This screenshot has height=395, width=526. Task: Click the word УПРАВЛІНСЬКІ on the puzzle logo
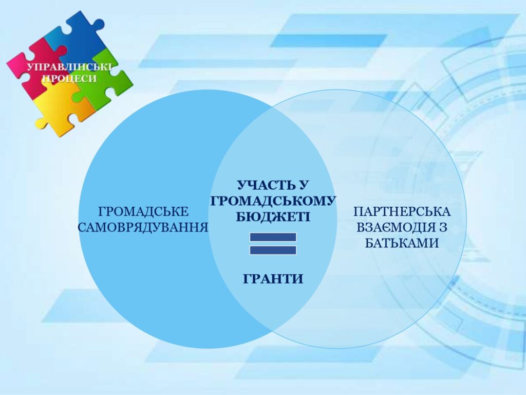pos(69,66)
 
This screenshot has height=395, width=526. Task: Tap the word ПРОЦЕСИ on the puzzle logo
pos(69,78)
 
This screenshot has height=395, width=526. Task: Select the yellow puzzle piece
pos(64,107)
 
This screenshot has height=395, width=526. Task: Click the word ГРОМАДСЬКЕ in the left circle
pos(144,212)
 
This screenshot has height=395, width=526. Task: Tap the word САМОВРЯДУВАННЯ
pos(143,227)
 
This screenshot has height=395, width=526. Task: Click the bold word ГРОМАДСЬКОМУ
pos(273,201)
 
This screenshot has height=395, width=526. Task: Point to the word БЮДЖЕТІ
pos(273,217)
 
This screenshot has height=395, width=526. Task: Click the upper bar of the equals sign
pos(273,237)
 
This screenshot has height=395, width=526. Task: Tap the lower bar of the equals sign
pos(273,250)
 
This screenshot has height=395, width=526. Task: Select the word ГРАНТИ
pos(273,279)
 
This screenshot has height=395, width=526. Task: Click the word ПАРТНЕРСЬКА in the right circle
pos(402,212)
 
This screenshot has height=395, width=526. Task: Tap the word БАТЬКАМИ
pos(402,243)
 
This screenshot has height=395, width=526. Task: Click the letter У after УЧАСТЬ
pos(302,185)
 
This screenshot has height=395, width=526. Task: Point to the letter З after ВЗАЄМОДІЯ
pos(442,227)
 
